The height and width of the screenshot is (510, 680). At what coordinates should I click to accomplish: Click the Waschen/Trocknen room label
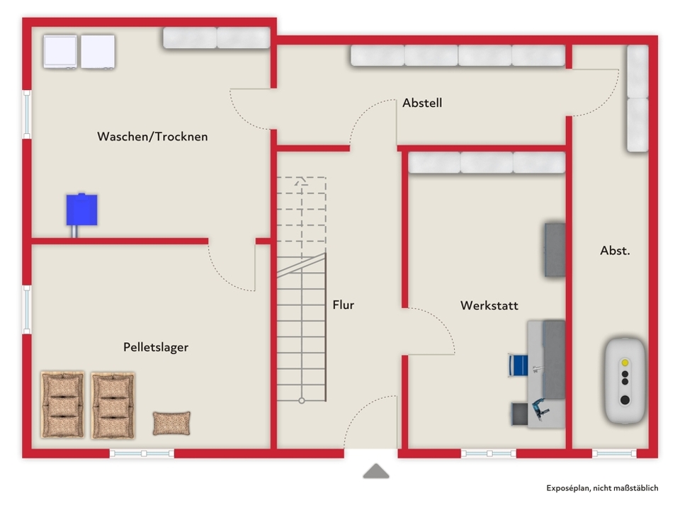coord(152,137)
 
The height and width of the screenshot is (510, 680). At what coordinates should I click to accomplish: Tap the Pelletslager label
coord(156,347)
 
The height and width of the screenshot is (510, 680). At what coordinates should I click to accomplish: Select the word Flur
coord(343,305)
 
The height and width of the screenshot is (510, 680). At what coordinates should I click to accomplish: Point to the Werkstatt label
coord(489,305)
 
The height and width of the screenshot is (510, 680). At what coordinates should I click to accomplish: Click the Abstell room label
coord(422,103)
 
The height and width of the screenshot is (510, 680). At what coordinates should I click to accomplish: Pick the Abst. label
coord(615,250)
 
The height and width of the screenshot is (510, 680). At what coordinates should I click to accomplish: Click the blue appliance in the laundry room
coord(81,210)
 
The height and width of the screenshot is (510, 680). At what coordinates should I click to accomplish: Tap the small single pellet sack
coord(171,424)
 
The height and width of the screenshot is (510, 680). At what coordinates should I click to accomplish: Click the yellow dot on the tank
coord(625,363)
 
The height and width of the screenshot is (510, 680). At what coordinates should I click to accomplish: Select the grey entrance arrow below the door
coord(376,472)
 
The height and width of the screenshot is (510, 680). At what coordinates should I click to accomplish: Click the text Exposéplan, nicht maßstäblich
coord(602,488)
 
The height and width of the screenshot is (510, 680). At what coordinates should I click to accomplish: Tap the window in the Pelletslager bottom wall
coord(142,453)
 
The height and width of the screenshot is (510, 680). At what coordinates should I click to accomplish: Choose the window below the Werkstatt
coord(489,453)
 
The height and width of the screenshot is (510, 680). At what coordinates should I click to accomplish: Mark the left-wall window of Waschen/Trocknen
coord(27,115)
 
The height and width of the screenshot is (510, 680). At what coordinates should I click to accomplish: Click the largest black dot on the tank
coord(625,399)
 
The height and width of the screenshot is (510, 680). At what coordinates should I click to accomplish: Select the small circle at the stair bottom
coord(302,401)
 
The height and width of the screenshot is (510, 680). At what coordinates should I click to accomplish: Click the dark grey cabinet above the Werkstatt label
coord(555,250)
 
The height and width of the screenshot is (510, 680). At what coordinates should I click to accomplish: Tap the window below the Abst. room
coord(614,453)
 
